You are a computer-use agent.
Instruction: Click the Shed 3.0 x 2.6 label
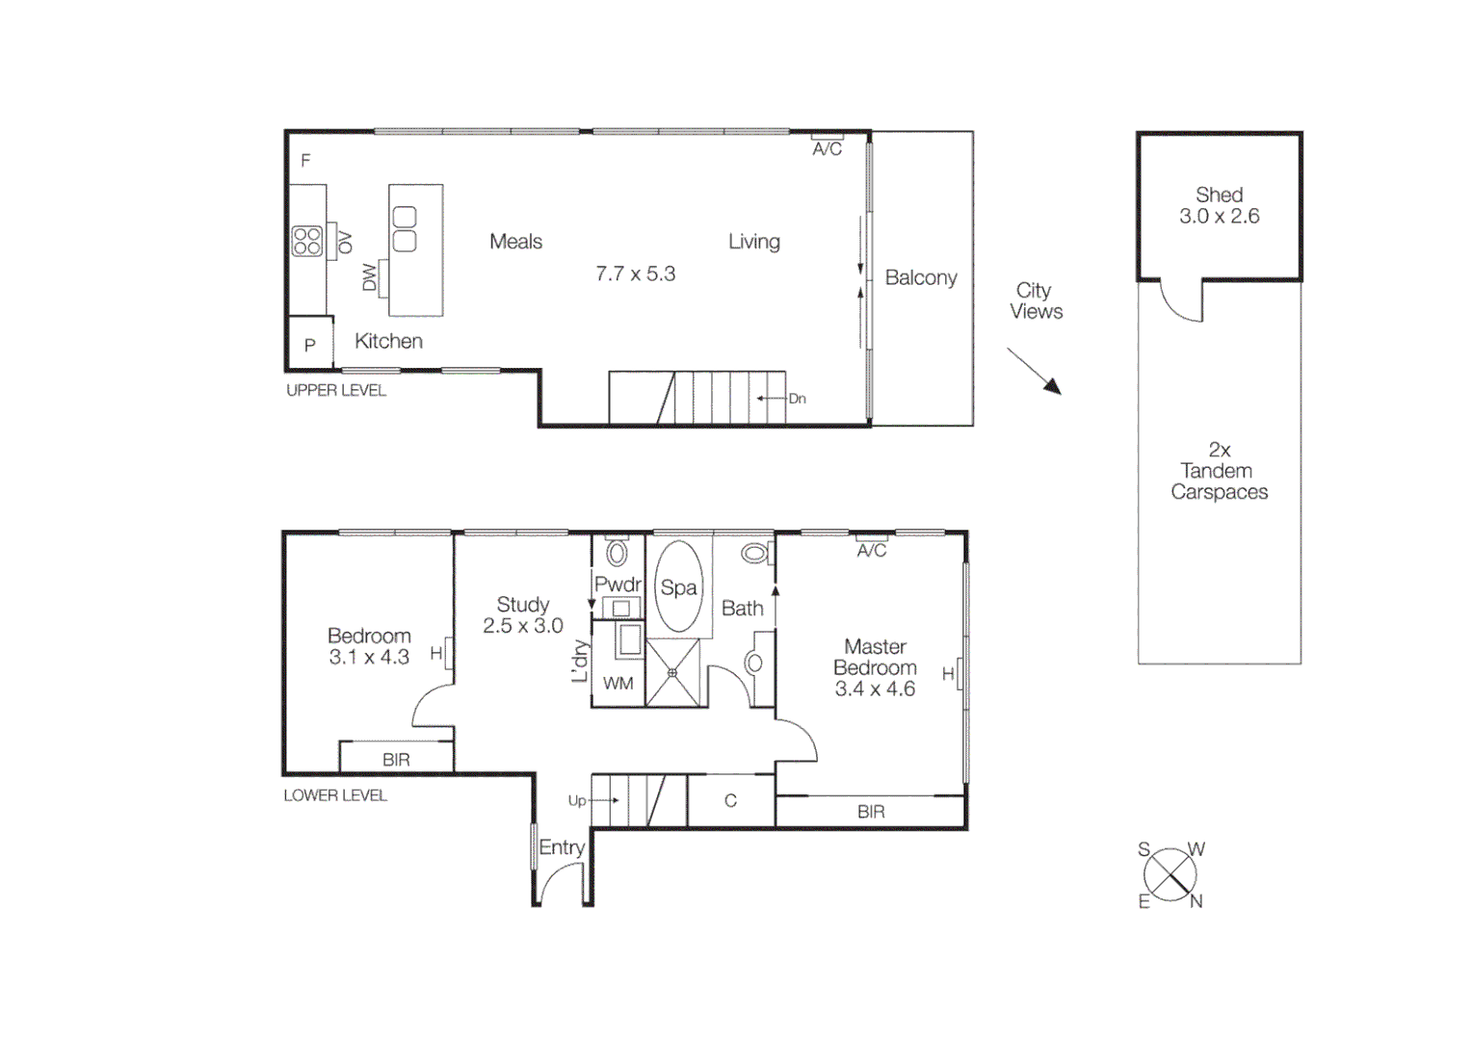point(1219,205)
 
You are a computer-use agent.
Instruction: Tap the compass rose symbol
point(1170,875)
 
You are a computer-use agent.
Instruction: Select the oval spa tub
point(678,586)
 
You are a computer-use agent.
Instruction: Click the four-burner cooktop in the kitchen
point(307,241)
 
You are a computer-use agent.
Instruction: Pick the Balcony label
point(920,277)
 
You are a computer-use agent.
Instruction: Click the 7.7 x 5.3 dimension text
point(635,273)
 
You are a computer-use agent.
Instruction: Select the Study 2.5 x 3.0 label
point(522,614)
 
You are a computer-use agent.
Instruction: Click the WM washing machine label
point(618,683)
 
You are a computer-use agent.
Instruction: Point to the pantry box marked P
point(310,344)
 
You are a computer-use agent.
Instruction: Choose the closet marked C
point(730,800)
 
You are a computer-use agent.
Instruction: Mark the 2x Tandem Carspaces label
point(1219,471)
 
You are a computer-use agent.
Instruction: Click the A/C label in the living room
point(827,149)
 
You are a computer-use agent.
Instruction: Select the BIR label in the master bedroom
point(871,812)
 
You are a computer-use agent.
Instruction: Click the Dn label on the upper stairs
point(797,399)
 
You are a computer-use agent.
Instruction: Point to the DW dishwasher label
point(369,277)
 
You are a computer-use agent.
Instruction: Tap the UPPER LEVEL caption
point(335,390)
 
